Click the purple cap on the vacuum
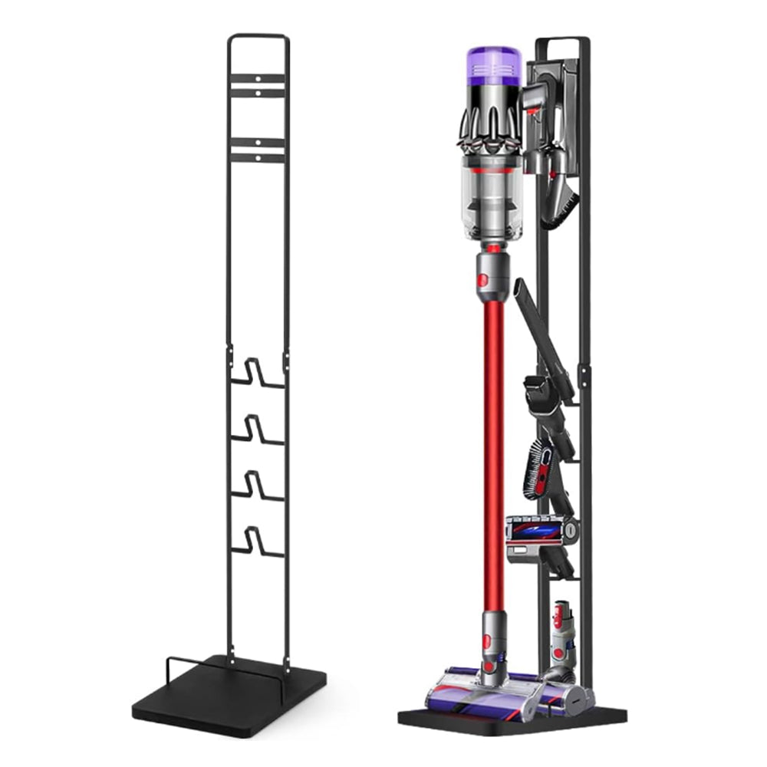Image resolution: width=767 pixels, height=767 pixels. pyautogui.click(x=494, y=65)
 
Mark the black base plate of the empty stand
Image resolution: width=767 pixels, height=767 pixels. pyautogui.click(x=230, y=698)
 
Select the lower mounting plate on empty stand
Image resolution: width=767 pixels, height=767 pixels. pyautogui.click(x=258, y=149)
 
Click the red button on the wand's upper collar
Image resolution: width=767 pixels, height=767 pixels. pyautogui.click(x=483, y=280)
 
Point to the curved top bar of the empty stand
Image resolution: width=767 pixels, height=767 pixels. pyautogui.click(x=258, y=35)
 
